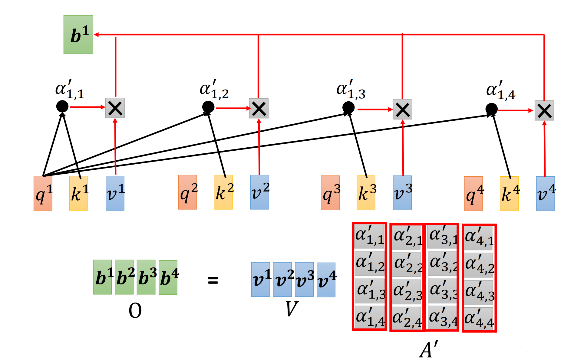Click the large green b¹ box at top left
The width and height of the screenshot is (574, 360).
[78, 34]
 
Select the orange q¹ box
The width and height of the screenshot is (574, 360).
[43, 193]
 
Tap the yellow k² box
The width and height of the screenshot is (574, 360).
[223, 192]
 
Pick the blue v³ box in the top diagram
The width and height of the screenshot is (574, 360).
[402, 193]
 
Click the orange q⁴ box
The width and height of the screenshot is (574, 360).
[473, 194]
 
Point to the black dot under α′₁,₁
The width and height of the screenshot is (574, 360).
[62, 106]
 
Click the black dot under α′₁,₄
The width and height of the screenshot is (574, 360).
[492, 109]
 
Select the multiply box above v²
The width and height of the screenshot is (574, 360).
[259, 108]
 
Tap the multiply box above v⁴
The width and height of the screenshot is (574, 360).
[544, 110]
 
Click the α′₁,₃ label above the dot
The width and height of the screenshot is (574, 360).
[351, 90]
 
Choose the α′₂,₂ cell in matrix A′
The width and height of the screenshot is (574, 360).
[407, 264]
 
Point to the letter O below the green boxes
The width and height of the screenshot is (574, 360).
[135, 311]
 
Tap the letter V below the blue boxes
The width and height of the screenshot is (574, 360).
[292, 309]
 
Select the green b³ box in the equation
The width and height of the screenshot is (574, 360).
[146, 277]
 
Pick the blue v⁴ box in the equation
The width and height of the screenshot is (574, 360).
[326, 280]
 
